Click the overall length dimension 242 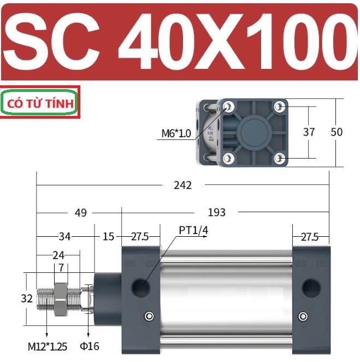click(182, 185)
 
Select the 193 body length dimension click(216, 212)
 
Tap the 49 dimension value click(81, 213)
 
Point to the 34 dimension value click(64, 237)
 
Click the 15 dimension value click(108, 237)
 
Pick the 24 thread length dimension click(58, 255)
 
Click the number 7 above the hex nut click(61, 268)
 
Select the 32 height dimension click(27, 299)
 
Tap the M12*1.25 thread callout click(48, 347)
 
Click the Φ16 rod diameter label click(90, 346)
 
